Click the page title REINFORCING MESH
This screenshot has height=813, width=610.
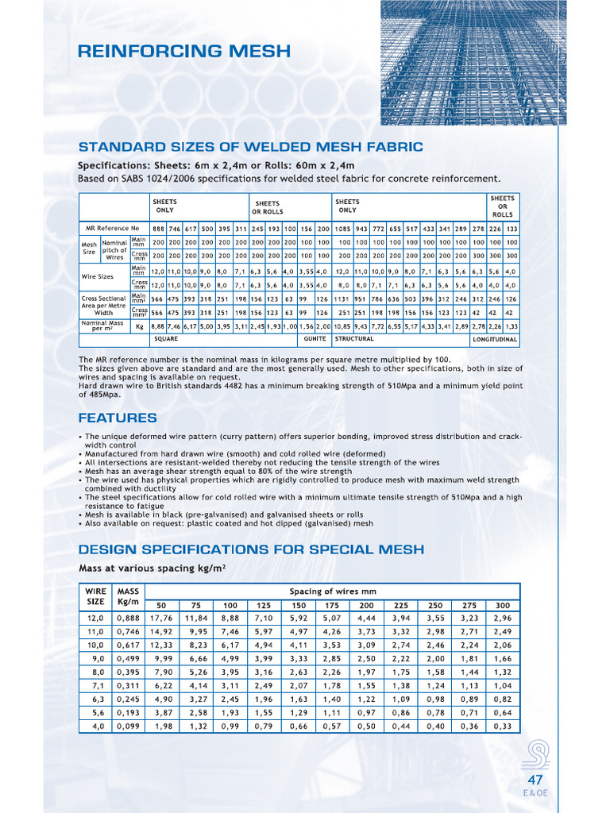tap(184, 52)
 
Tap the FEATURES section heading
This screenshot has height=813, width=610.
tap(118, 418)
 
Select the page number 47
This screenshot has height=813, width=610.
tap(535, 780)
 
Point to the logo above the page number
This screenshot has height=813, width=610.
tap(535, 754)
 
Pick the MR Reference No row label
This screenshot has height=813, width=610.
tap(106, 229)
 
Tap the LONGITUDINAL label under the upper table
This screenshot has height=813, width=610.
tap(495, 340)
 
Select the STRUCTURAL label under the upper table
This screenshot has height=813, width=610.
tap(354, 339)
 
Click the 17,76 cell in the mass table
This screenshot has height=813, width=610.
tap(161, 618)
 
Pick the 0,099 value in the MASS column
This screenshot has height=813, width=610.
tap(128, 726)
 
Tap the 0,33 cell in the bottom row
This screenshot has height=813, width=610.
tap(502, 726)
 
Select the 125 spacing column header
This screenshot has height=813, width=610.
tap(264, 605)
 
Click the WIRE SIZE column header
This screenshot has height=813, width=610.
tap(95, 597)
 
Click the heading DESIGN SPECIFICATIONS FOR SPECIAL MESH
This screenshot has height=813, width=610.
tap(251, 549)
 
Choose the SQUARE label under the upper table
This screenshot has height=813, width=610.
tap(166, 339)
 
